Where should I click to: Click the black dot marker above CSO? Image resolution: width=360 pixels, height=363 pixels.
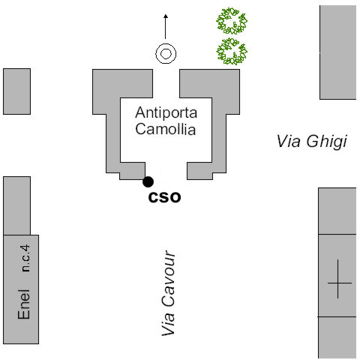(148, 181)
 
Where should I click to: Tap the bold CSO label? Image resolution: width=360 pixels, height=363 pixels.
(164, 197)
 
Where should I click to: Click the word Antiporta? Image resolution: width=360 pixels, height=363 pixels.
(166, 112)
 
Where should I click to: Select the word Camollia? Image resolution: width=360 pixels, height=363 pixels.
(166, 129)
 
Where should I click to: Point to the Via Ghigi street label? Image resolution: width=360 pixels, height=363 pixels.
(312, 142)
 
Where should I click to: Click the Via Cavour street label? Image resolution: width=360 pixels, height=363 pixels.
(169, 293)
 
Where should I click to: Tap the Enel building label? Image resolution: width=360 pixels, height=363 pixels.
(24, 304)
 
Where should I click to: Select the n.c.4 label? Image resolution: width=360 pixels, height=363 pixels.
(25, 258)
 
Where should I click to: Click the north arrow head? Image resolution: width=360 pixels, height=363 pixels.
(166, 16)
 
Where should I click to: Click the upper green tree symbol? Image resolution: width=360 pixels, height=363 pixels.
(232, 21)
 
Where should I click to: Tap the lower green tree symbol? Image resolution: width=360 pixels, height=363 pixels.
(232, 52)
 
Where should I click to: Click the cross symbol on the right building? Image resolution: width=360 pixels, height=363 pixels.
(338, 283)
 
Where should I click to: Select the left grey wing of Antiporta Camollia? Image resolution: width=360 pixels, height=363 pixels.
(113, 125)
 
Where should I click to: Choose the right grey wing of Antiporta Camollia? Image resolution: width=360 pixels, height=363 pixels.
(219, 125)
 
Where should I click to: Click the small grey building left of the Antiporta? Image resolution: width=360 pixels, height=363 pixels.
(16, 91)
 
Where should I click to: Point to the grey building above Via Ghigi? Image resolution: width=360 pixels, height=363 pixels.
(337, 52)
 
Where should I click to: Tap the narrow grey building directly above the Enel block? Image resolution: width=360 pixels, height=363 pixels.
(16, 205)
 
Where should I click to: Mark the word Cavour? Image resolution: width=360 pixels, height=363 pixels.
(169, 279)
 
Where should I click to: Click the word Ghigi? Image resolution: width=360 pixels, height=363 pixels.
(327, 142)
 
